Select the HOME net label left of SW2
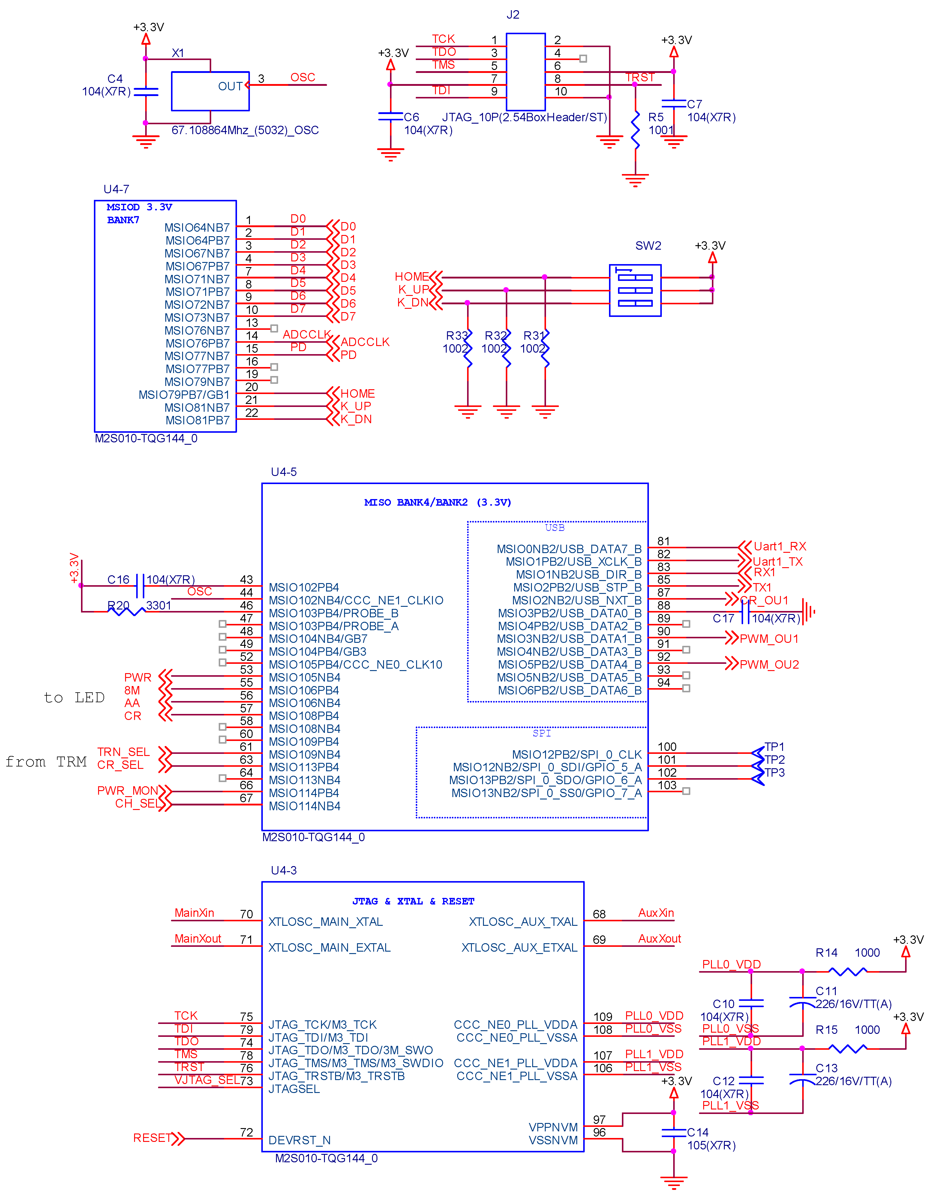411,277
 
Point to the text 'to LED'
74,698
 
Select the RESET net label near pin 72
152,1138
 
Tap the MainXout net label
197,938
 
